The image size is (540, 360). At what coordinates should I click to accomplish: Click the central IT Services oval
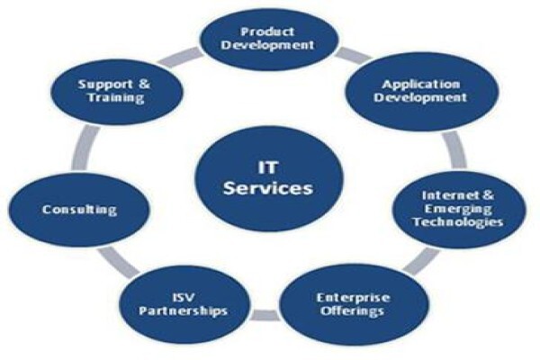click(x=269, y=178)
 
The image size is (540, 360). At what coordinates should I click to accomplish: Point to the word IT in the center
click(x=268, y=167)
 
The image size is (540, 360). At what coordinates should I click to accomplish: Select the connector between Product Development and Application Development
click(x=354, y=56)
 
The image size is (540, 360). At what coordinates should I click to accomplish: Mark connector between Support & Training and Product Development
click(x=180, y=58)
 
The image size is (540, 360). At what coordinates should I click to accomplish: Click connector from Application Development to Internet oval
click(x=454, y=150)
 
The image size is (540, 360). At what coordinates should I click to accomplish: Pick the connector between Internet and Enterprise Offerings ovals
click(x=421, y=261)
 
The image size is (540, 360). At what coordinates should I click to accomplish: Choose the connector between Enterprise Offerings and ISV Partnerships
click(x=265, y=315)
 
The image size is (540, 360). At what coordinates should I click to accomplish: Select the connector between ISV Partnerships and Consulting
click(x=118, y=262)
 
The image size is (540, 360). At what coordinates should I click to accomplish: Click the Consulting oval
click(x=79, y=210)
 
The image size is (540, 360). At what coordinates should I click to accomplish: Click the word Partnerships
click(x=184, y=311)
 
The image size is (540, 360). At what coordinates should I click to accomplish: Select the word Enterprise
click(x=354, y=298)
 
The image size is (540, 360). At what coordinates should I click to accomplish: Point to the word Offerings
click(x=352, y=311)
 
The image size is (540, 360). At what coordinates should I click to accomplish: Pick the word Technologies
click(x=458, y=222)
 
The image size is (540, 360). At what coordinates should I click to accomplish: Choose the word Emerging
click(x=458, y=209)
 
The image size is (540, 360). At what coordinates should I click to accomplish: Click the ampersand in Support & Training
click(x=145, y=84)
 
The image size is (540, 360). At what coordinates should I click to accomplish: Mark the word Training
click(x=116, y=97)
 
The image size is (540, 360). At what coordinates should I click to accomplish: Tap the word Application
click(x=421, y=85)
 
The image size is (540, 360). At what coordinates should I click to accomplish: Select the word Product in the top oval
click(x=267, y=32)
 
